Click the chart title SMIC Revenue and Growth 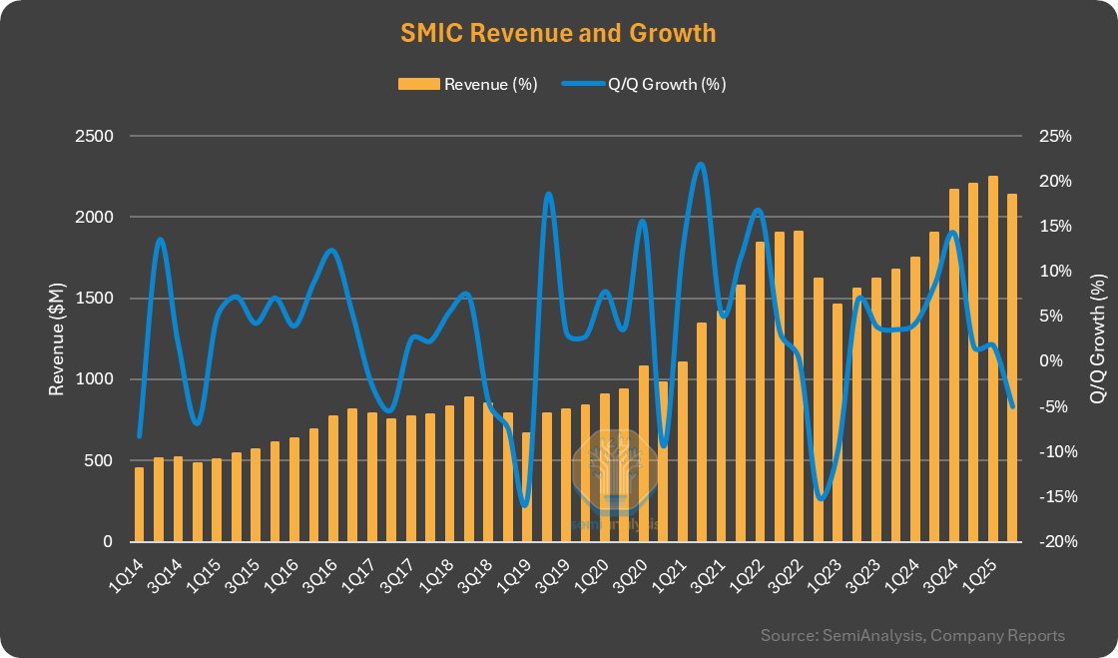pyautogui.click(x=558, y=33)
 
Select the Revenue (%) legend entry pyautogui.click(x=468, y=84)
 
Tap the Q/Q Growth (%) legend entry pyautogui.click(x=644, y=84)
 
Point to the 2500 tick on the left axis pyautogui.click(x=94, y=136)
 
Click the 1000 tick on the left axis pyautogui.click(x=94, y=379)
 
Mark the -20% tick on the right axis pyautogui.click(x=1054, y=542)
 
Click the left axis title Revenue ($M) pyautogui.click(x=58, y=338)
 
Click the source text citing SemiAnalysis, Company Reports pyautogui.click(x=911, y=635)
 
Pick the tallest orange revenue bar pyautogui.click(x=993, y=359)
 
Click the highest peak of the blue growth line pyautogui.click(x=700, y=165)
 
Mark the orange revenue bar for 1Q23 pyautogui.click(x=838, y=422)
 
